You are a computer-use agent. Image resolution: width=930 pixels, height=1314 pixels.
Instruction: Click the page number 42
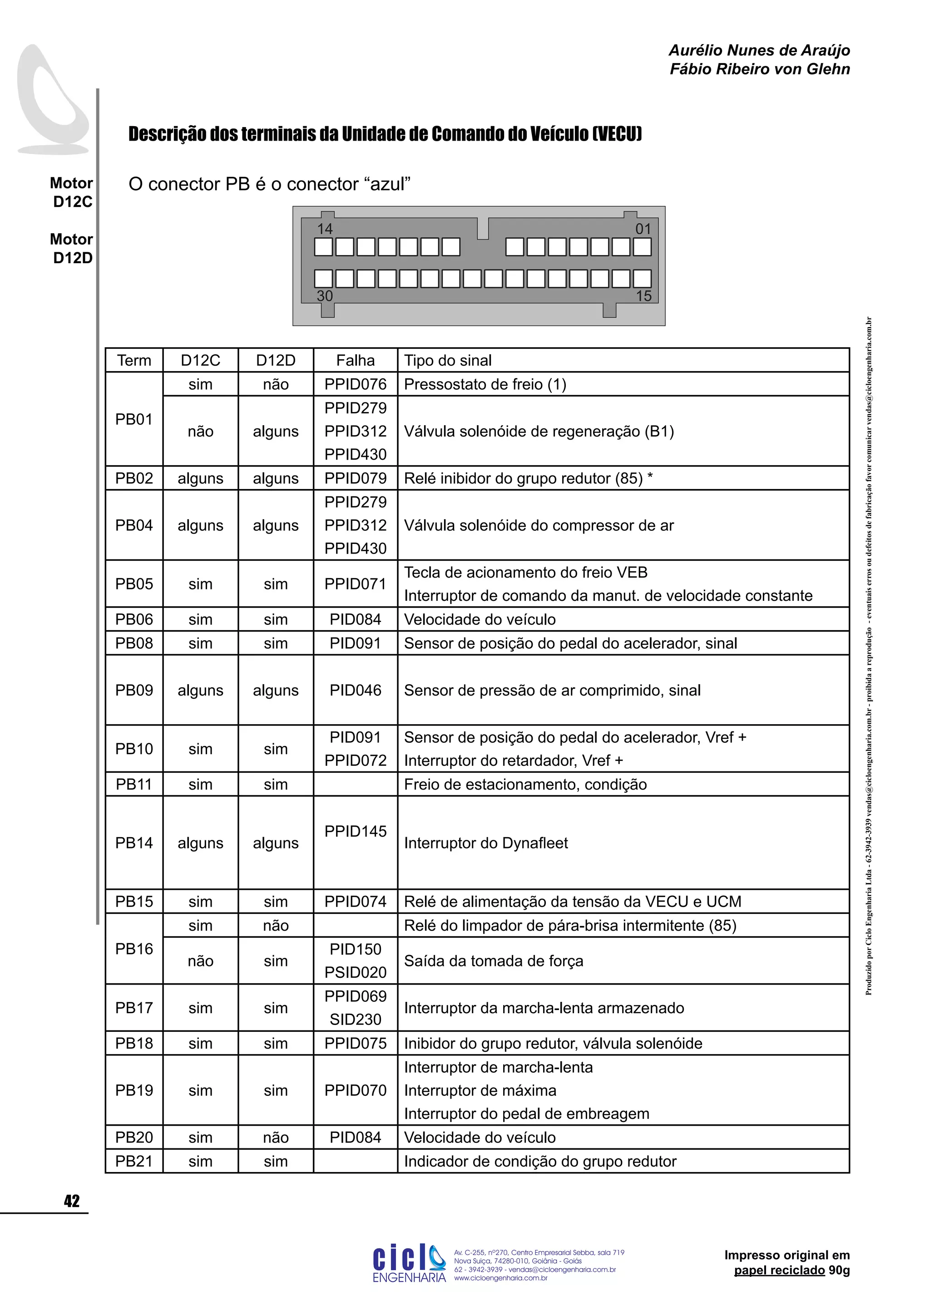[72, 1201]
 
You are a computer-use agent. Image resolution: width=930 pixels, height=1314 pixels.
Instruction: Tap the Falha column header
[355, 361]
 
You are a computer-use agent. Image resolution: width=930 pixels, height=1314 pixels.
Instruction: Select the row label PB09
[134, 690]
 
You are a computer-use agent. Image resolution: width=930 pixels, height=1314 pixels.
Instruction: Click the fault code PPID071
[355, 584]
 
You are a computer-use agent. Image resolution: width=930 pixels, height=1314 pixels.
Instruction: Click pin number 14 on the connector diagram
[325, 229]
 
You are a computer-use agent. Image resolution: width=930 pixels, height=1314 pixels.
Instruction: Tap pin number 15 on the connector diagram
[643, 296]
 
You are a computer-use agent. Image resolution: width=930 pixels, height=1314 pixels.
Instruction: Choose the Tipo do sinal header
[448, 361]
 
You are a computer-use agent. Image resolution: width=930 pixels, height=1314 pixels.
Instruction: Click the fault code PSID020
[355, 972]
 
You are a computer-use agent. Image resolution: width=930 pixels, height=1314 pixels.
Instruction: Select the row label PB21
[134, 1161]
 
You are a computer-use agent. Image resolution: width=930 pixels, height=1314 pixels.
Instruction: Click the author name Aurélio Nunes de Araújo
[759, 50]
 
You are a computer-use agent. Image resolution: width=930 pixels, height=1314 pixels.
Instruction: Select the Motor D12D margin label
[72, 248]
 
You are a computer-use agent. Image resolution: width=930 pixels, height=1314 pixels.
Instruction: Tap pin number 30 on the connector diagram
[325, 296]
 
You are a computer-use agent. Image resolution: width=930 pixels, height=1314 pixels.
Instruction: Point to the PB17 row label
[134, 1008]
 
